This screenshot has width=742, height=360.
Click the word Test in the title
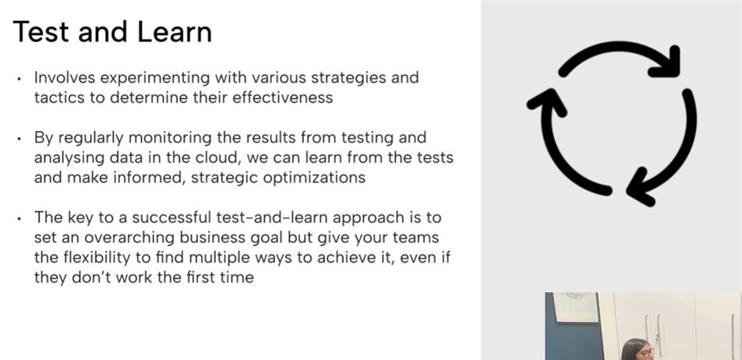pos(41,32)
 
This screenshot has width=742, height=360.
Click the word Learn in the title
pos(175,32)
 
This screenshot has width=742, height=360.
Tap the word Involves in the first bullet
pos(64,77)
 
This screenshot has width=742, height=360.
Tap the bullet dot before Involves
pos(19,79)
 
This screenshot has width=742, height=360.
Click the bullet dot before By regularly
pos(19,139)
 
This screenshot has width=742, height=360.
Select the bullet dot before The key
pos(19,218)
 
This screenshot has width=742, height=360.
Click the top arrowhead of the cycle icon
pos(667,64)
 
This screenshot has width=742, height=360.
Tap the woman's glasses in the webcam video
pos(647,352)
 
